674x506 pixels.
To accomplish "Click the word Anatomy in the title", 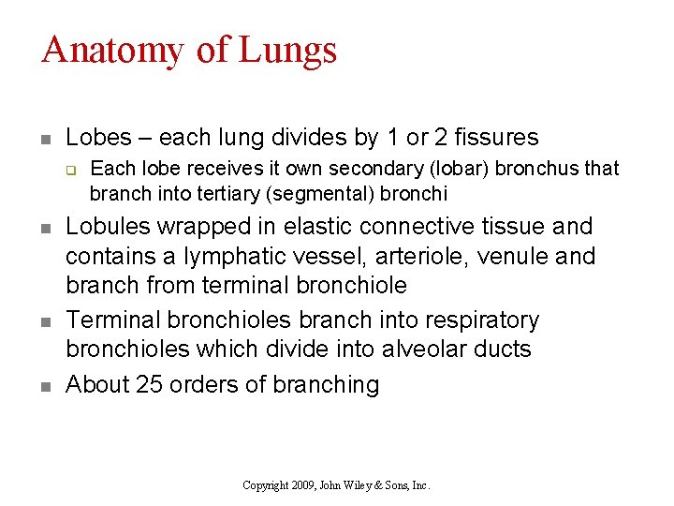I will click(112, 51).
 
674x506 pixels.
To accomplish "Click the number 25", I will click(151, 384).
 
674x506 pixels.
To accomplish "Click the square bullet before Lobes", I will click(46, 140).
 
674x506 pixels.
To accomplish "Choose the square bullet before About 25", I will click(46, 386).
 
